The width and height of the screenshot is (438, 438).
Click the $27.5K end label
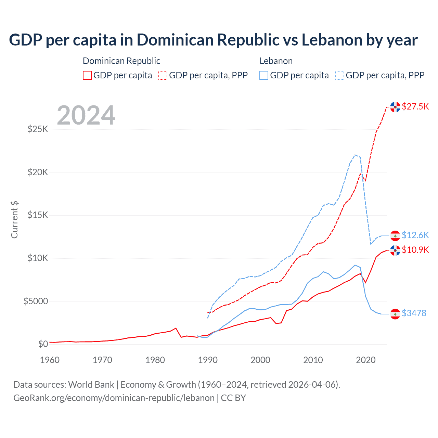(x=415, y=106)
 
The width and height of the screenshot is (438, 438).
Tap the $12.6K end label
(x=415, y=235)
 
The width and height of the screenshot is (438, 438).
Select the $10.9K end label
(x=415, y=250)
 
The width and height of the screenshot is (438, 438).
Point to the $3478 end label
(x=414, y=313)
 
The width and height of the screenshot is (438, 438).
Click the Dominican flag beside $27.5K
(x=395, y=107)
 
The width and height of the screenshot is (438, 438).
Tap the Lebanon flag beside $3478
(x=395, y=314)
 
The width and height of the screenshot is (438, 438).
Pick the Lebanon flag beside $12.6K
(x=395, y=236)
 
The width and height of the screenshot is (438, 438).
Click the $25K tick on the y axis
(x=38, y=129)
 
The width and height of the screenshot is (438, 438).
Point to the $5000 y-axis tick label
(x=36, y=301)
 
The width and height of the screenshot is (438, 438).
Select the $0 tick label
(x=43, y=344)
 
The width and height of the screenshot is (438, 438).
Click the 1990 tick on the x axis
(x=208, y=360)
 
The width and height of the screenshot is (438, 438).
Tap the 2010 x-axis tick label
(x=313, y=360)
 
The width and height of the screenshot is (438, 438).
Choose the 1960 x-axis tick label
(x=50, y=360)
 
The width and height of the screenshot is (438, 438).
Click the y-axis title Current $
(x=14, y=220)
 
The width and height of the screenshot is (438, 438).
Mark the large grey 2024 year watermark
(x=86, y=115)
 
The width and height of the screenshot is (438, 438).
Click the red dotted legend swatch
(x=163, y=75)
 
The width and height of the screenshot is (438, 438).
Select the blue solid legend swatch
(x=264, y=75)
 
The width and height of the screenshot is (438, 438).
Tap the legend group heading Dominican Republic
(x=121, y=61)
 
